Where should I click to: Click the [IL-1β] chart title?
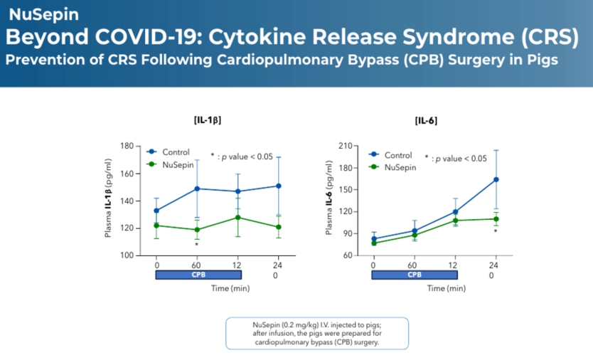pos(207,121)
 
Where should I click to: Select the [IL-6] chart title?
pos(426,121)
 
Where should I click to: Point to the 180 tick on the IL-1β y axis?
pos(126,146)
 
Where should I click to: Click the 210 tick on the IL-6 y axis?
pos(346,146)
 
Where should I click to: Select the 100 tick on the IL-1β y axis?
pos(126,255)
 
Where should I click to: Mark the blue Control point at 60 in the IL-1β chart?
pos(197,189)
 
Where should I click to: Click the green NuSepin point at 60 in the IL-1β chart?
pos(197,230)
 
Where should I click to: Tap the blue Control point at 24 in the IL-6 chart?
pos(496,179)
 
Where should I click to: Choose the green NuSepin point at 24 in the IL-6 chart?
pos(496,218)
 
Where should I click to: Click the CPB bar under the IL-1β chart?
pos(198,274)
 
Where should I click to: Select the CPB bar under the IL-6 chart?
pos(413,274)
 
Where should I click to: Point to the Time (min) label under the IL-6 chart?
pos(446,288)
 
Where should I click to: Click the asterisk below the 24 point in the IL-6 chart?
pos(496,231)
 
